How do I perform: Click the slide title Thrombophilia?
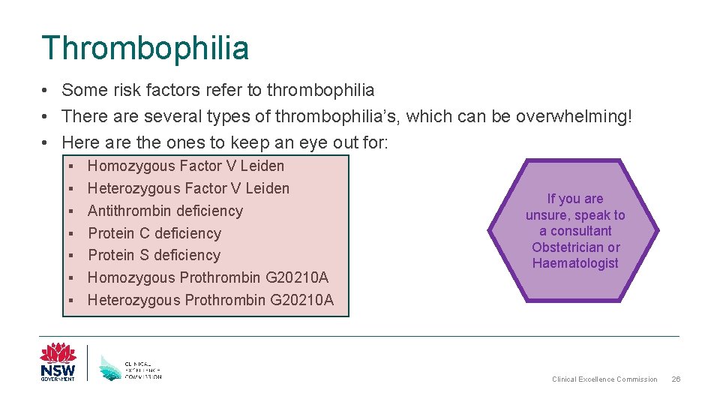(145, 48)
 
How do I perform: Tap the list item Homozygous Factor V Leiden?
(186, 166)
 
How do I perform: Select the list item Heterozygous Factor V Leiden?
(188, 188)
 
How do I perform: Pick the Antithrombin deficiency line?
(165, 211)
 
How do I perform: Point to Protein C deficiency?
(154, 233)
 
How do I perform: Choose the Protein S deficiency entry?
(154, 255)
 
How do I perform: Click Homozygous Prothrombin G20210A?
(208, 277)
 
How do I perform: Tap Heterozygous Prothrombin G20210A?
(211, 300)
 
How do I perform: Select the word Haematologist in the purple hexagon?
(575, 263)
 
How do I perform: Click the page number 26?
(676, 379)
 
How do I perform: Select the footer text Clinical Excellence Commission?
(604, 379)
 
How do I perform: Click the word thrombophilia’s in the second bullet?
(329, 116)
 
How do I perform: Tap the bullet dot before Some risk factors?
(46, 91)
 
